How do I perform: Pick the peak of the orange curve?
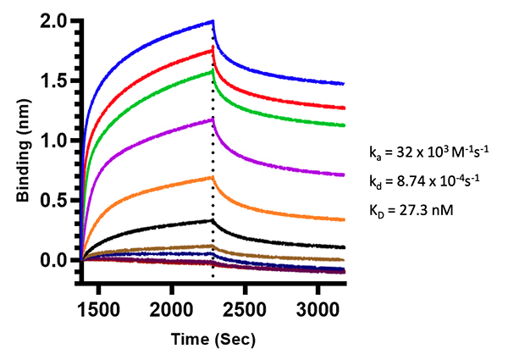coord(212,177)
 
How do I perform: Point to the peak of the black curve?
coord(212,220)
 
